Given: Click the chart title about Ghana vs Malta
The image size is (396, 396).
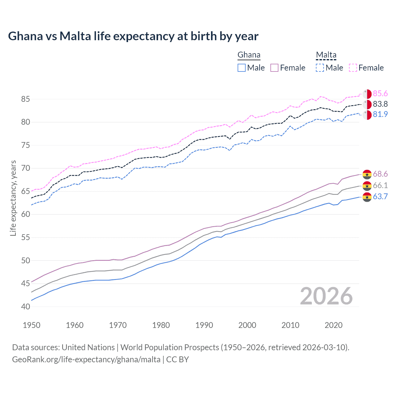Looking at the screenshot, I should (133, 36).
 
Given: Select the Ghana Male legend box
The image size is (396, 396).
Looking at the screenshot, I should (242, 68).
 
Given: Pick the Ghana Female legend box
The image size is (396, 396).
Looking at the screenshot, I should (274, 68).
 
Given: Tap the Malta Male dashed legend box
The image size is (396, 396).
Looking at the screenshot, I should (320, 68).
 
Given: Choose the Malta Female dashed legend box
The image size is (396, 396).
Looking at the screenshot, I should (353, 68).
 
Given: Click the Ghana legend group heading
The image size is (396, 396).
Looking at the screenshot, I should (249, 55).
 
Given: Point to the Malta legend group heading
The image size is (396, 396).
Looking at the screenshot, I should (326, 55).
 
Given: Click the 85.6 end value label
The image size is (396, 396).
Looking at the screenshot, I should (380, 94).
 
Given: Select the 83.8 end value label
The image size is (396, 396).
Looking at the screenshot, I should (380, 104).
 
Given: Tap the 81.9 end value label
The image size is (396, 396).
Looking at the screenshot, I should (380, 114).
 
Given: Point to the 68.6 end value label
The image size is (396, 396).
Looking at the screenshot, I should (380, 174).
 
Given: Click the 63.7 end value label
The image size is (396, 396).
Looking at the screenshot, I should (380, 196).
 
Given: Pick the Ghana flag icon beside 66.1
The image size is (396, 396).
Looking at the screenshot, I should (367, 186).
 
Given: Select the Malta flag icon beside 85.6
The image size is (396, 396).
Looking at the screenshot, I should (367, 94).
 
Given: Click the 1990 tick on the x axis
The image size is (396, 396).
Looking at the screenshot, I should (204, 325).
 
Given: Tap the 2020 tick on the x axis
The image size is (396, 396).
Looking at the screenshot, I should (334, 325).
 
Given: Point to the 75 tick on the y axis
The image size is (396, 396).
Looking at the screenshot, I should (26, 145).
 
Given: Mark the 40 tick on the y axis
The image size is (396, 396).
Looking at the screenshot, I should (26, 307).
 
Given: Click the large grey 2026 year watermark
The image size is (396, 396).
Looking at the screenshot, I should (326, 296).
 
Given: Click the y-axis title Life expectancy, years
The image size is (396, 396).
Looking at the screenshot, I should (13, 198).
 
